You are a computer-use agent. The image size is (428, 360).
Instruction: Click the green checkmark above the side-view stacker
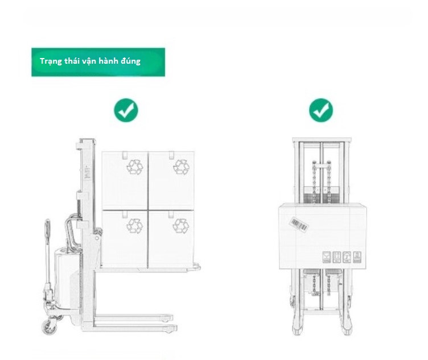click(126, 110)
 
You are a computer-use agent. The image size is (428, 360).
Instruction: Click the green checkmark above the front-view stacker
click(321, 110)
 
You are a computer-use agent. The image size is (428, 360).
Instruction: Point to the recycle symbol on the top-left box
click(135, 167)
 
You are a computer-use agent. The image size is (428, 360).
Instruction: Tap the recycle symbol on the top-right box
click(181, 167)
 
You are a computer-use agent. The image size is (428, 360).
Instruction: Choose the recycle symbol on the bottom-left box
click(134, 226)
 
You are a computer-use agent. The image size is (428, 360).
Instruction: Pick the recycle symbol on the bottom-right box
click(180, 226)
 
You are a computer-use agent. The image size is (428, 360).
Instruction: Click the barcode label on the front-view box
click(299, 224)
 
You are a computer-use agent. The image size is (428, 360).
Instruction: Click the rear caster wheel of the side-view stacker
click(50, 326)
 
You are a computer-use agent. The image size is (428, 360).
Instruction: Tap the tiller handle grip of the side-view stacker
click(47, 229)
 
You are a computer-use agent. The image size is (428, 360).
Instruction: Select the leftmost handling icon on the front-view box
click(327, 257)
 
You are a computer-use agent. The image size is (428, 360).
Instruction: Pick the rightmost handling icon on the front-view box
click(357, 257)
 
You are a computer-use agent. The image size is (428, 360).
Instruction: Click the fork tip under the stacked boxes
click(197, 267)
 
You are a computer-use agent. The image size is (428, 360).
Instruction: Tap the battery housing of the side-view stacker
click(67, 278)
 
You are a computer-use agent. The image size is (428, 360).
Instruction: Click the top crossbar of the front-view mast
click(322, 140)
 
